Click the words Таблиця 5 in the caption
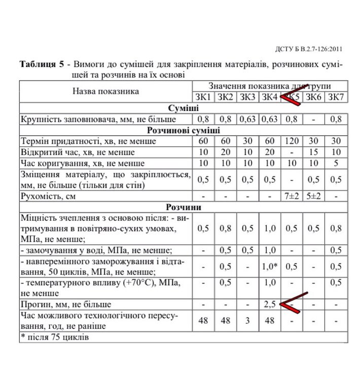pos(42,65)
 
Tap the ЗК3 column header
pos(247,97)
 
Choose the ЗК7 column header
pos(336,97)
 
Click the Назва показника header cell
pos(105,92)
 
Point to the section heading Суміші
pos(183,108)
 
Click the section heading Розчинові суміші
pos(183,130)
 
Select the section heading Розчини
pos(183,207)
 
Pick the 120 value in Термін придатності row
pos(292,141)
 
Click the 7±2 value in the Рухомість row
pos(292,196)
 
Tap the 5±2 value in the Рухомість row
pos(314,196)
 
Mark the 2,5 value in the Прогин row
pos(269,305)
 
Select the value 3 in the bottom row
pos(247,321)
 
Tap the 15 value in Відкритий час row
pos(314,153)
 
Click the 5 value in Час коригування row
pos(336,163)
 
